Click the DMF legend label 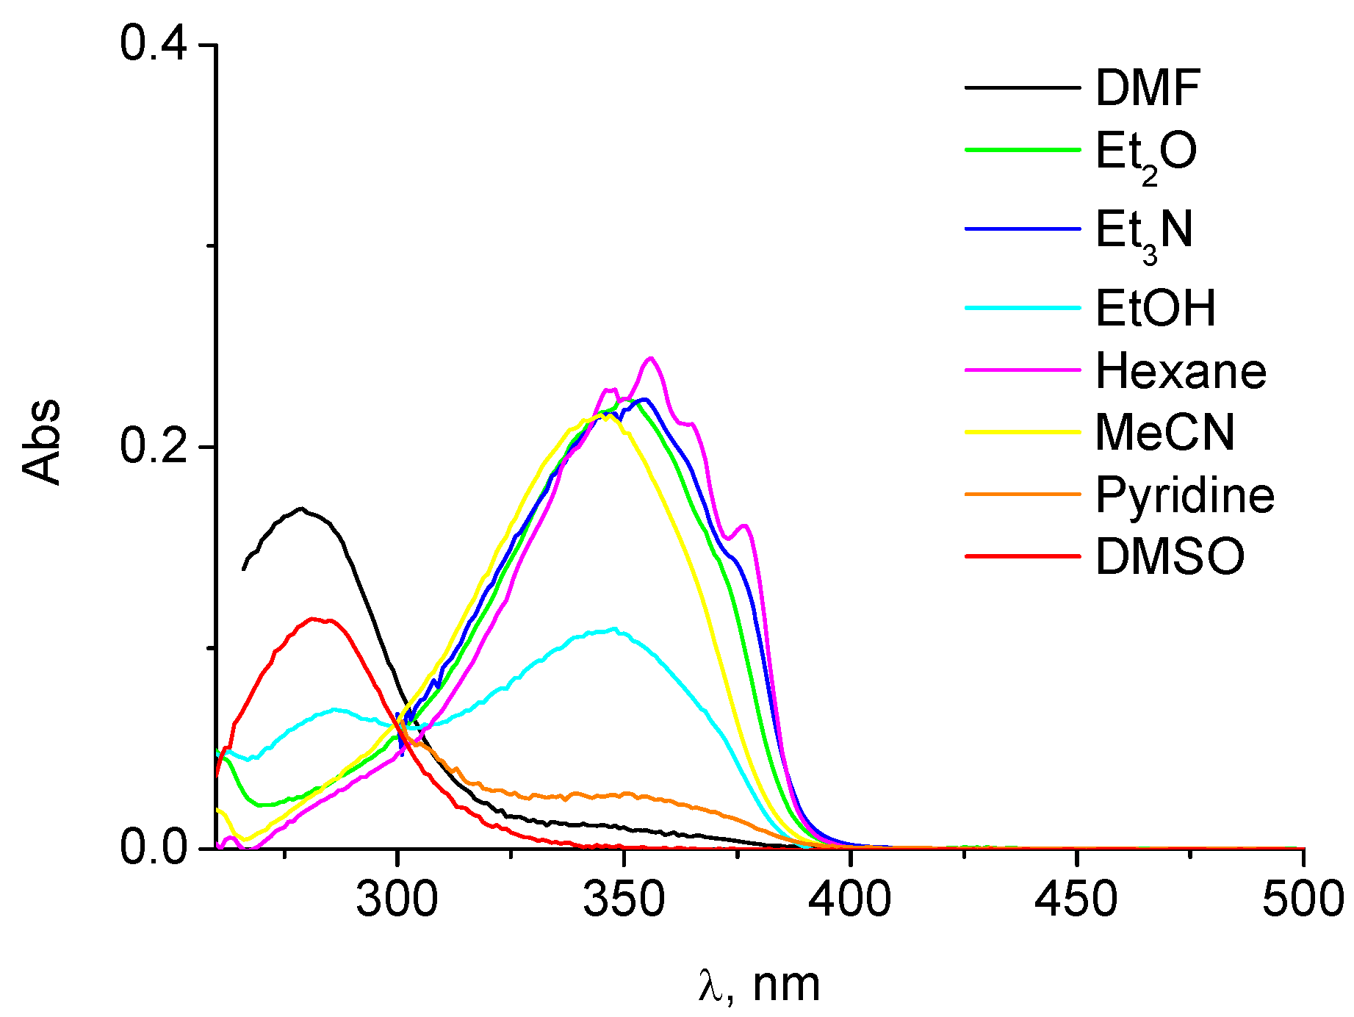(1148, 88)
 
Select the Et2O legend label (1146, 152)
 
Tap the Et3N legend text (1144, 231)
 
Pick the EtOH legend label (1155, 308)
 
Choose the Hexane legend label (1181, 371)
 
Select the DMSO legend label (1170, 556)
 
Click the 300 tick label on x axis (397, 900)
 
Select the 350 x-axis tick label (623, 900)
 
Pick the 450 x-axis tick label (1076, 900)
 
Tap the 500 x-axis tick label (1303, 900)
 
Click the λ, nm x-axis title (760, 985)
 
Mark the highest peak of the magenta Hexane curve (650, 358)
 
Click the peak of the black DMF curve (300, 508)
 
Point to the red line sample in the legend (1023, 556)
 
